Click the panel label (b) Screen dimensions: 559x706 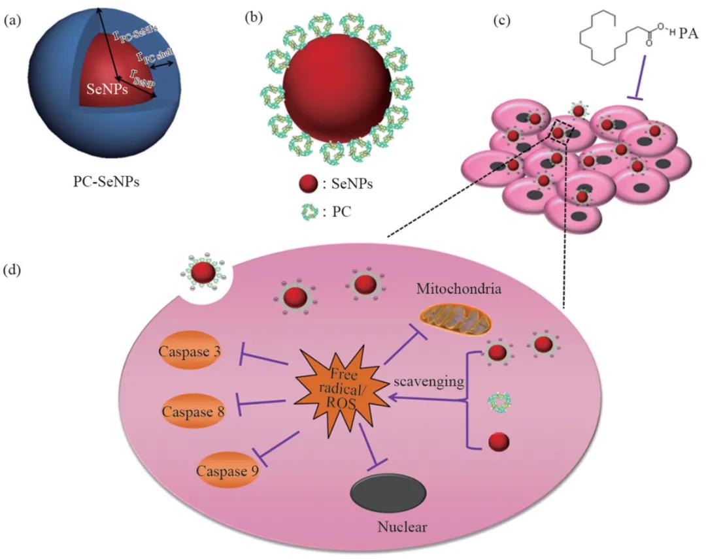point(253,18)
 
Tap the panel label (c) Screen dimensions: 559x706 point(502,21)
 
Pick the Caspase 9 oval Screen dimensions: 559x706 point(228,469)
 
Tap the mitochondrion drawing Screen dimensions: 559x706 point(456,318)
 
